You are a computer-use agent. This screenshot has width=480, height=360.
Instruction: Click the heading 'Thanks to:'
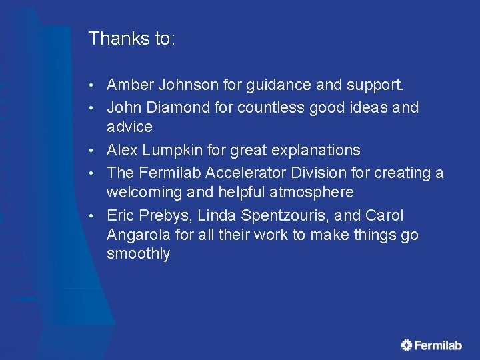click(132, 39)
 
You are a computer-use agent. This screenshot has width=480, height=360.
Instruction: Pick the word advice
click(129, 127)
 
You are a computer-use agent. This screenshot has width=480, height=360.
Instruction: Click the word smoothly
click(138, 254)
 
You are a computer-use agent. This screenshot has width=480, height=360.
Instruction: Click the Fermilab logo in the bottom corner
click(431, 345)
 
